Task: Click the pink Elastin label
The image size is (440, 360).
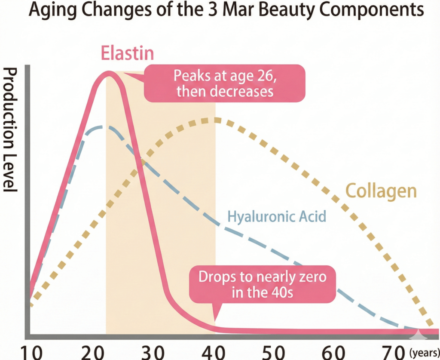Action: tap(128, 53)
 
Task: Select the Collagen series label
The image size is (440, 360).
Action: tap(381, 191)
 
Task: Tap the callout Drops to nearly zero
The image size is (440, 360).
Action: tap(262, 284)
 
